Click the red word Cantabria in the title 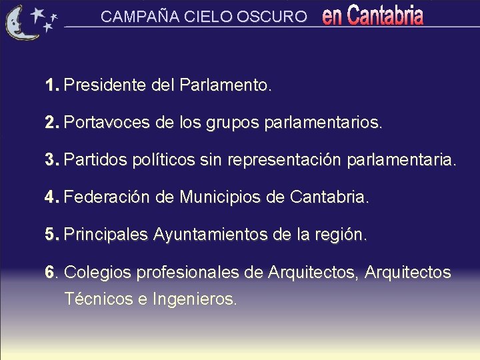pyautogui.click(x=385, y=16)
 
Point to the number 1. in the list pyautogui.click(x=53, y=86)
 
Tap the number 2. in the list pyautogui.click(x=53, y=123)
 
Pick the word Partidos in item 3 pyautogui.click(x=93, y=161)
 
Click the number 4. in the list pyautogui.click(x=53, y=198)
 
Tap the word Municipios pyautogui.click(x=223, y=198)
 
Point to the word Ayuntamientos pyautogui.click(x=211, y=235)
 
